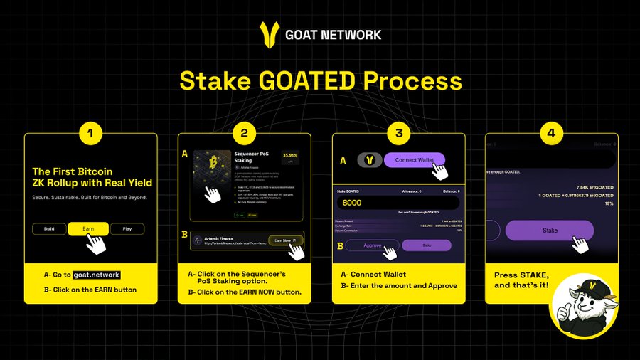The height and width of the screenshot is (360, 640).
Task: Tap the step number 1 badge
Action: pos(90,133)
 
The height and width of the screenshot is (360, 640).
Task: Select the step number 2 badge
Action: pos(244,133)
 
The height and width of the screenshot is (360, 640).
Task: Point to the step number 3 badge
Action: pos(398,133)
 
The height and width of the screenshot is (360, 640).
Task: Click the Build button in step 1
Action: pos(49,229)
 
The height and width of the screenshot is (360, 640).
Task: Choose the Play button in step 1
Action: pos(127,229)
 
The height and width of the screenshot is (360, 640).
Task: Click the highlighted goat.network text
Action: pos(96,275)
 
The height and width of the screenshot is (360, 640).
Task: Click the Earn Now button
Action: pos(285,240)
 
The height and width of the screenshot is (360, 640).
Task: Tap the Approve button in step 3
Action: pos(373,245)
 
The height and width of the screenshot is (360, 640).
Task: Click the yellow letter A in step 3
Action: pos(343,162)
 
